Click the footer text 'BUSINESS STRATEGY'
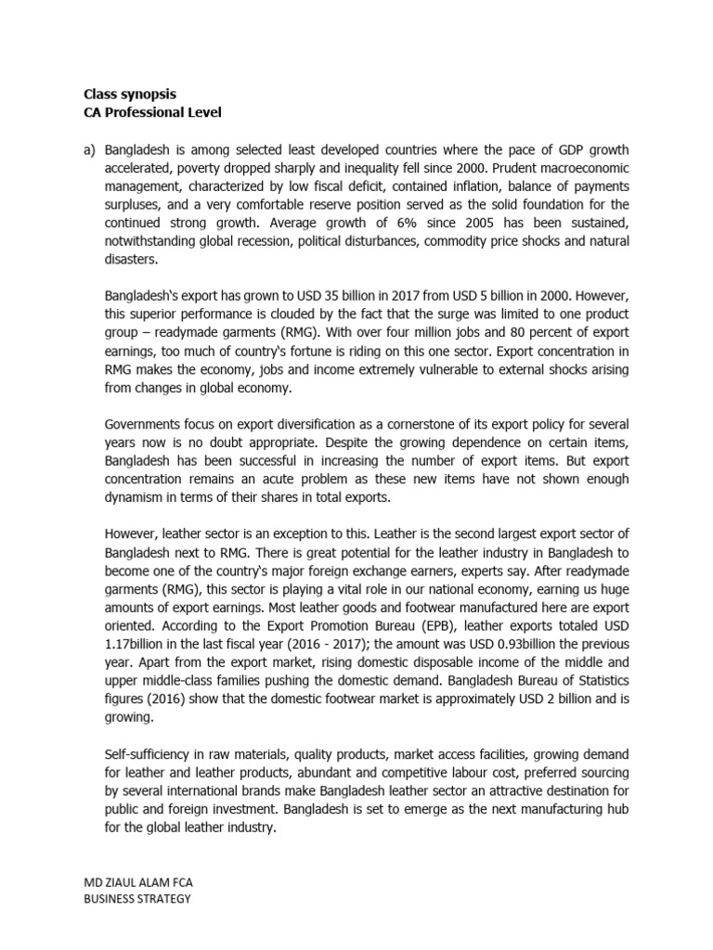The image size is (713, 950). pos(137,899)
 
